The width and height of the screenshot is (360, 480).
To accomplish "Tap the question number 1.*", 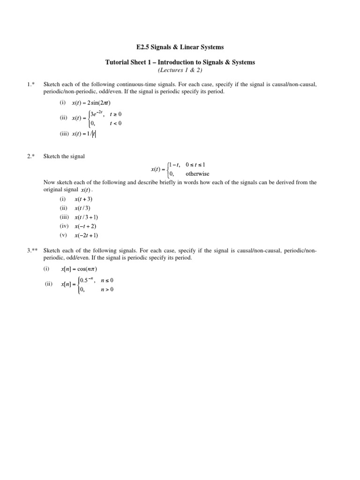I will (31, 84).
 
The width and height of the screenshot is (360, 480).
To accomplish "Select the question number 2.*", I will (31, 156).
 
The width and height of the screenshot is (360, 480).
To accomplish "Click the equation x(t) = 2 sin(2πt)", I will (91, 103).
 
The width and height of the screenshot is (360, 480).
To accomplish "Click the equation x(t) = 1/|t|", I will (84, 134).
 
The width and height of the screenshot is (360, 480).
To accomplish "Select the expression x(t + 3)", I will (83, 199).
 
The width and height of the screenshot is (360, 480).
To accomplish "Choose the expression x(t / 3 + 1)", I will (86, 217).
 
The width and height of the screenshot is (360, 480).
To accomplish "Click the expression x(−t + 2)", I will (85, 226).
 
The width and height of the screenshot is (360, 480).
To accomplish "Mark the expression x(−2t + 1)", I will (86, 235).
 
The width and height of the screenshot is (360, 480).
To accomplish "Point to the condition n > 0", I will (107, 289).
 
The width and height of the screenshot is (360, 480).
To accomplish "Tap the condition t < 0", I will (115, 123).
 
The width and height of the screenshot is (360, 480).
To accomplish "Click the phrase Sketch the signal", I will (64, 156).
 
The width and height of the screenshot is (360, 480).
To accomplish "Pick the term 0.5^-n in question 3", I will (85, 280).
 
